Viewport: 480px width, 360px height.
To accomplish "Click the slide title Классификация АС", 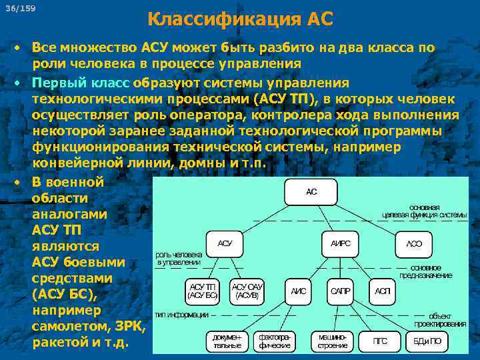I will point(239,19).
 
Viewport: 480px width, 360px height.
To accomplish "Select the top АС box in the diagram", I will point(311,192).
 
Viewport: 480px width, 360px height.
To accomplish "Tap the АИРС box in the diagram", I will point(340,243).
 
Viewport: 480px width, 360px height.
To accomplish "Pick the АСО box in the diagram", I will point(414,244).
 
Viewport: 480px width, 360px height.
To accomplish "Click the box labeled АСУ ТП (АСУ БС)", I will point(203,291).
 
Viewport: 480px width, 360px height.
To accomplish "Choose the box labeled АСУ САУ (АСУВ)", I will point(247,291).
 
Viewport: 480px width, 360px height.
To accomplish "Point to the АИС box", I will point(298,291).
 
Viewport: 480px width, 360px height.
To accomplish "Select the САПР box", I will point(341,291).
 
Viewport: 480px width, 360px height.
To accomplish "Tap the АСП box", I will point(382,291).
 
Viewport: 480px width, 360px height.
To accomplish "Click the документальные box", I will point(228,341).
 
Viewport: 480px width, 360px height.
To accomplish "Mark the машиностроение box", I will point(332,341).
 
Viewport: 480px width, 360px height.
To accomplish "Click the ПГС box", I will point(380,341).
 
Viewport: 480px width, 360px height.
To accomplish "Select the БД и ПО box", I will point(427,341).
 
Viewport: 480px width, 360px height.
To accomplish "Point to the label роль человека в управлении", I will point(179,259).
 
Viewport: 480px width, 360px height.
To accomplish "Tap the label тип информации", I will point(181,314).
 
